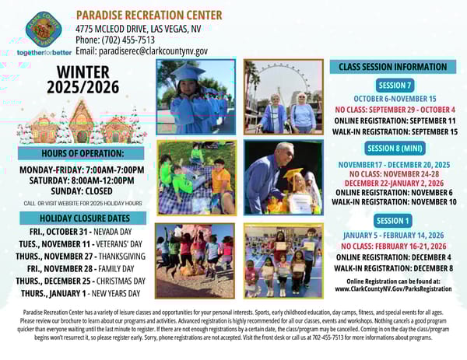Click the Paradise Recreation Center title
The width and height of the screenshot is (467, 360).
149,15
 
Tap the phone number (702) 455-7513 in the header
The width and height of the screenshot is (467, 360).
115,39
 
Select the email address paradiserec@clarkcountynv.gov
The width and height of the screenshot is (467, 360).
142,51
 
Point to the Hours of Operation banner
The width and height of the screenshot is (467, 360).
82,153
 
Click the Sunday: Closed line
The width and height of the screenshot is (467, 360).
83,190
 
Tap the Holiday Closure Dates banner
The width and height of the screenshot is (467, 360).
82,218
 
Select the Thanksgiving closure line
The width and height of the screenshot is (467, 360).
83,257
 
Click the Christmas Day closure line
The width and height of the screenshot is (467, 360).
81,281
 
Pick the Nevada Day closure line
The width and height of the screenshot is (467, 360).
82,232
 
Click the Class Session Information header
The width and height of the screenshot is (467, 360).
394,67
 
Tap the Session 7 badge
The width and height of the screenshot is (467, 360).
394,85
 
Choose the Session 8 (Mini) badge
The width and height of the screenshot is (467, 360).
394,148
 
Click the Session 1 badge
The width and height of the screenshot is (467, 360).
394,221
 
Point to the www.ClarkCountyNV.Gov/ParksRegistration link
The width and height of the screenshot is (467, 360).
394,288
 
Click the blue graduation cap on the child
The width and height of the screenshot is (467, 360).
188,72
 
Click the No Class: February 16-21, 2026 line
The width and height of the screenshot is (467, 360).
394,246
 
